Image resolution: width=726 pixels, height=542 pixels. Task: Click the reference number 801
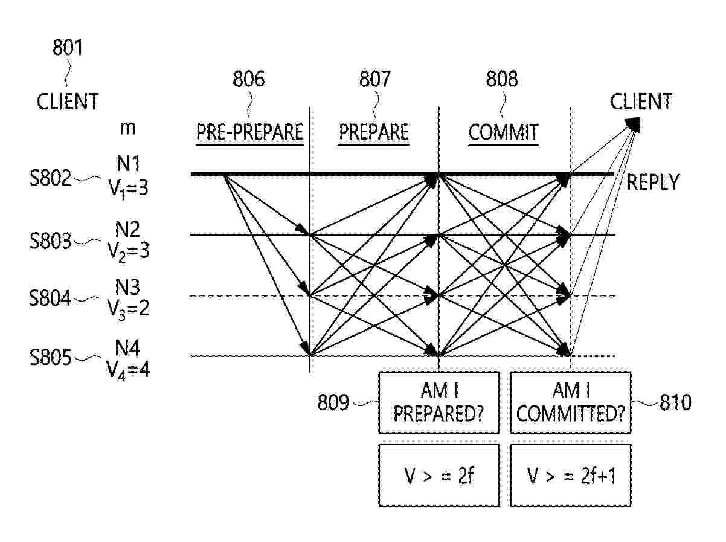pyautogui.click(x=68, y=47)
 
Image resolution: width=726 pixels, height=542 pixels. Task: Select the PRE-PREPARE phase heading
pyautogui.click(x=249, y=132)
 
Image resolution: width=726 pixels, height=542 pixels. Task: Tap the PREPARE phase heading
pyautogui.click(x=374, y=132)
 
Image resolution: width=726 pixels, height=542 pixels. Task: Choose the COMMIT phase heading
pyautogui.click(x=503, y=132)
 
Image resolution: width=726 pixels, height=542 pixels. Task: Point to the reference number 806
pyautogui.click(x=249, y=79)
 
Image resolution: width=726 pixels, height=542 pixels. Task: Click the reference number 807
pyautogui.click(x=374, y=79)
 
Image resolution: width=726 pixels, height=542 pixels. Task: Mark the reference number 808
pyautogui.click(x=502, y=79)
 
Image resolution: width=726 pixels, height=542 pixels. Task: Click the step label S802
pyautogui.click(x=50, y=178)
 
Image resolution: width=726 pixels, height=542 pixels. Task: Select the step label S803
pyautogui.click(x=50, y=241)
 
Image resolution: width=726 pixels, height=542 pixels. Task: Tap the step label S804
pyautogui.click(x=50, y=298)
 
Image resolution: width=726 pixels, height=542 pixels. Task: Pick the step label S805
pyautogui.click(x=50, y=358)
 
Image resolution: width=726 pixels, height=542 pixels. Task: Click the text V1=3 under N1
pyautogui.click(x=128, y=190)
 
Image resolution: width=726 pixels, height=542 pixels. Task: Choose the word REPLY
pyautogui.click(x=652, y=182)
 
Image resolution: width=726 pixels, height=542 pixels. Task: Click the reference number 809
pyautogui.click(x=333, y=402)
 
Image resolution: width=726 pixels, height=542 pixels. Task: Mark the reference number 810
pyautogui.click(x=675, y=402)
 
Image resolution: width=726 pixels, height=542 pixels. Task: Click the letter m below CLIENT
pyautogui.click(x=127, y=128)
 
